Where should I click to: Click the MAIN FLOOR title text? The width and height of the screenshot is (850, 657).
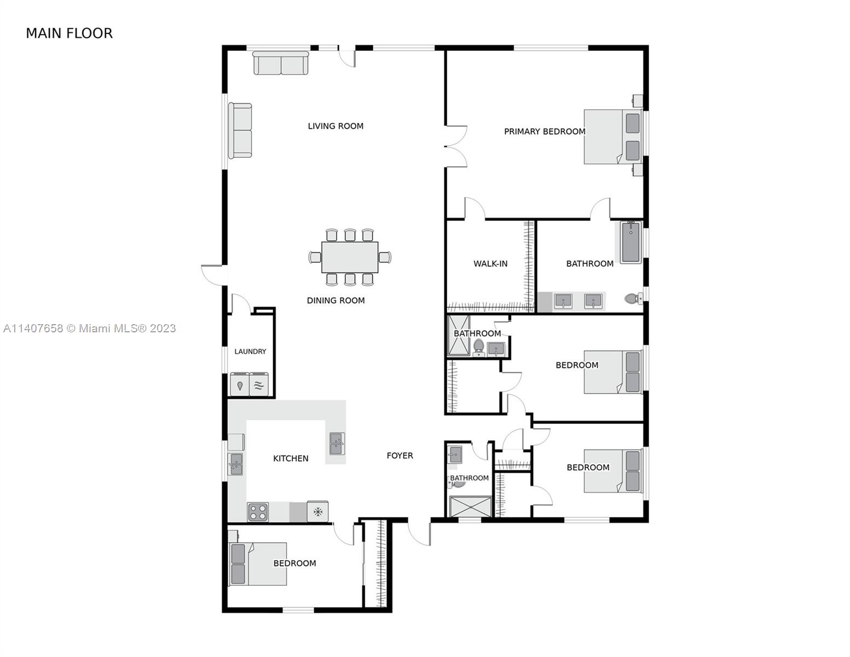pos(69,33)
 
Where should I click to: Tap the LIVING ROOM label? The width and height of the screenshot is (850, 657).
pos(335,126)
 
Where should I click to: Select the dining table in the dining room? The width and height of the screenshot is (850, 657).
pos(350,257)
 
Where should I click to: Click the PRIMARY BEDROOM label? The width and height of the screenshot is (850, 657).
pos(545,131)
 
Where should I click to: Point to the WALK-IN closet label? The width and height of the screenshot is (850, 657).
pos(490,264)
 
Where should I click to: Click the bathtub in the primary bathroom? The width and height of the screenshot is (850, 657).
pos(631,242)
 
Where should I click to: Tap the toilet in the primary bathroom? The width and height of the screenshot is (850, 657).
pos(633,299)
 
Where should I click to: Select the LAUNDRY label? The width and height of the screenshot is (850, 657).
pos(250,351)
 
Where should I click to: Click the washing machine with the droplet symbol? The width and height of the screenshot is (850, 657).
pos(239,384)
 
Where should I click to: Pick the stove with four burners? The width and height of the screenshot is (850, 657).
pos(258,511)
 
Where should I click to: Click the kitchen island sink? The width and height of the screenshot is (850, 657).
pos(337,443)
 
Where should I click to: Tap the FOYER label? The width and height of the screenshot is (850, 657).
pos(400,456)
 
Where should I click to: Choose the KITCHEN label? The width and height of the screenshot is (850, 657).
pos(291,458)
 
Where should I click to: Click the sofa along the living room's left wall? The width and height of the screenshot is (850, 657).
pos(240,130)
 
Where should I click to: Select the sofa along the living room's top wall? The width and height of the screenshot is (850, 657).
pos(280,63)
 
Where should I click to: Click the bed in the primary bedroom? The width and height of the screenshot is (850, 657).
pos(613,136)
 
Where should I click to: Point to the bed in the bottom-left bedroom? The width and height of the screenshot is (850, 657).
pos(257,564)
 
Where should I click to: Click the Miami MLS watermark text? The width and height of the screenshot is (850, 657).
pos(90,328)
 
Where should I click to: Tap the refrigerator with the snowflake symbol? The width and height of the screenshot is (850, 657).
pos(317,511)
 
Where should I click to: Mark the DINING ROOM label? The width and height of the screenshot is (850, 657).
pos(336,301)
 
